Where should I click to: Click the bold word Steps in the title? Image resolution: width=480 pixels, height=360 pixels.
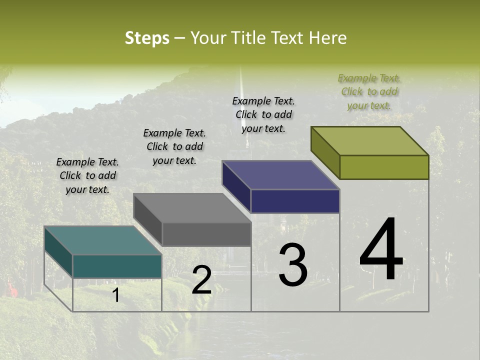[x=147, y=38]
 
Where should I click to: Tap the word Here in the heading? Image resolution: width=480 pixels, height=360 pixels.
[x=328, y=38]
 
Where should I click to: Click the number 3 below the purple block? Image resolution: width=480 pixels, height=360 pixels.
[x=293, y=265]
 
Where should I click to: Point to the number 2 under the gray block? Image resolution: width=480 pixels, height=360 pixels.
[x=201, y=280]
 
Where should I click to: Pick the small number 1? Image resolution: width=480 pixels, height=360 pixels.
[x=115, y=295]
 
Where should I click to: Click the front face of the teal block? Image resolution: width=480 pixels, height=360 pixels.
[x=117, y=266]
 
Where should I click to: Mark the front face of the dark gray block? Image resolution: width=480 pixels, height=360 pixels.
[x=206, y=234]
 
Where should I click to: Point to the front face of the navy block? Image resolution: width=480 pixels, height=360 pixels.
[x=295, y=201]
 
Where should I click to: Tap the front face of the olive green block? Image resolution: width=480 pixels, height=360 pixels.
[x=384, y=167]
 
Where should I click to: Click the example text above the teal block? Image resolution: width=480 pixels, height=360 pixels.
[x=87, y=175]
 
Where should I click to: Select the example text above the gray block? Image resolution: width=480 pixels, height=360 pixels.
[x=174, y=146]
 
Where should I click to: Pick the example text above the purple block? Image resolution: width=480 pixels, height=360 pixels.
[x=263, y=114]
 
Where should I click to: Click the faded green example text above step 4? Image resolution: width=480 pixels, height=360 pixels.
[x=369, y=91]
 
